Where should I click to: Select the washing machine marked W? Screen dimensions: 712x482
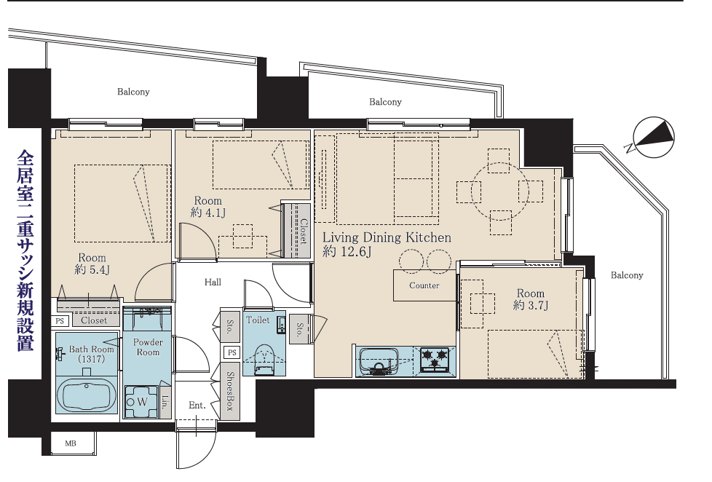click(141, 402)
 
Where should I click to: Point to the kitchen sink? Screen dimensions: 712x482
click(379, 360)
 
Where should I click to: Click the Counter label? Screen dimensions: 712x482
click(424, 285)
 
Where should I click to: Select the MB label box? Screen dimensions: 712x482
click(71, 443)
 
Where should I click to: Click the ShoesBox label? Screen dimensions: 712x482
click(230, 391)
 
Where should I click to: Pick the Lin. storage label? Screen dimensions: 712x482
click(165, 402)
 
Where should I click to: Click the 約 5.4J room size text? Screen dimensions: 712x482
click(92, 269)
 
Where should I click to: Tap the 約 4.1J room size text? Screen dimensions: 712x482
click(207, 212)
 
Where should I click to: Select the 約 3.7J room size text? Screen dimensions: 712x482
click(531, 305)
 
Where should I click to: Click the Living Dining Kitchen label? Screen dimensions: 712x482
click(387, 237)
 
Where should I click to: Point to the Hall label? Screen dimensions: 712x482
click(213, 282)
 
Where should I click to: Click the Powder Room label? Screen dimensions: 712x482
click(148, 347)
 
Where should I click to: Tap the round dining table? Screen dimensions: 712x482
click(499, 191)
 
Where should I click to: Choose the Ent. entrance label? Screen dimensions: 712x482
click(197, 405)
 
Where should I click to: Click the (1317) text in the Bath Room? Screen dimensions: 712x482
click(91, 359)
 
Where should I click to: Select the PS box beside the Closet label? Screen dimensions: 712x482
click(60, 321)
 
